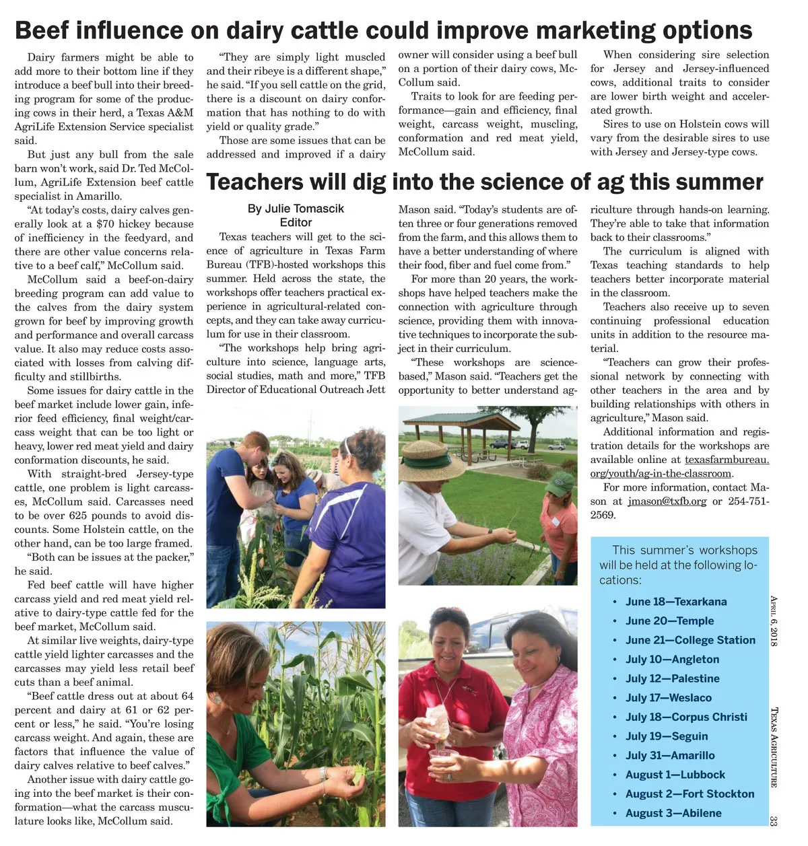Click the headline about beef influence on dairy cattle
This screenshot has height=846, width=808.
(x=383, y=30)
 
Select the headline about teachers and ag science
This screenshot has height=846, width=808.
(x=485, y=182)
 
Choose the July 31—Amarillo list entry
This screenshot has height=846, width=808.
(x=670, y=755)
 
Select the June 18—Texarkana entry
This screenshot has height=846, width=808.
(x=676, y=602)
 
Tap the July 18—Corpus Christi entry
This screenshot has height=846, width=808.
(x=686, y=717)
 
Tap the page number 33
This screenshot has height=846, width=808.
(x=774, y=820)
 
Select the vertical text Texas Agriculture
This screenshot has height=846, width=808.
(x=774, y=747)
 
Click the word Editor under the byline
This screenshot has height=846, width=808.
(x=296, y=223)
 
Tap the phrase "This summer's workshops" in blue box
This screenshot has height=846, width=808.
(x=684, y=550)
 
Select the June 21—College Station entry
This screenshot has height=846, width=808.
(x=690, y=640)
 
